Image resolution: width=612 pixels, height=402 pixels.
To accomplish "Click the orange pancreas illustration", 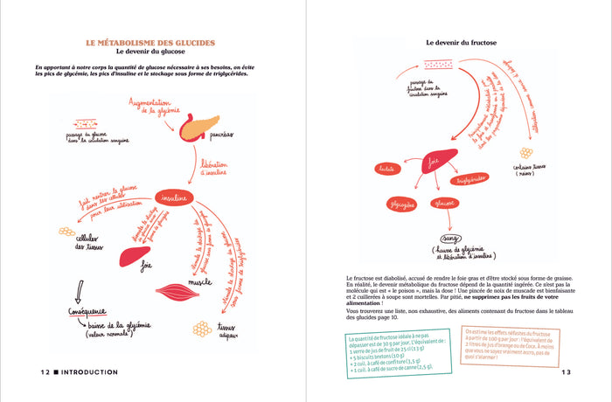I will pos(200,128).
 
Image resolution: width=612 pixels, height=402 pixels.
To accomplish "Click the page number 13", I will pos(564,372).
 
